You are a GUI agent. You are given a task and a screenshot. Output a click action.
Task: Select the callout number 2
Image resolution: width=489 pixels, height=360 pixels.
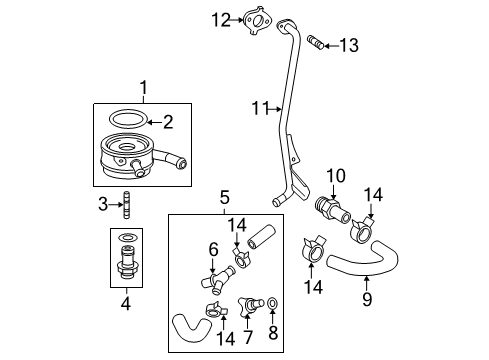point(168,122)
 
